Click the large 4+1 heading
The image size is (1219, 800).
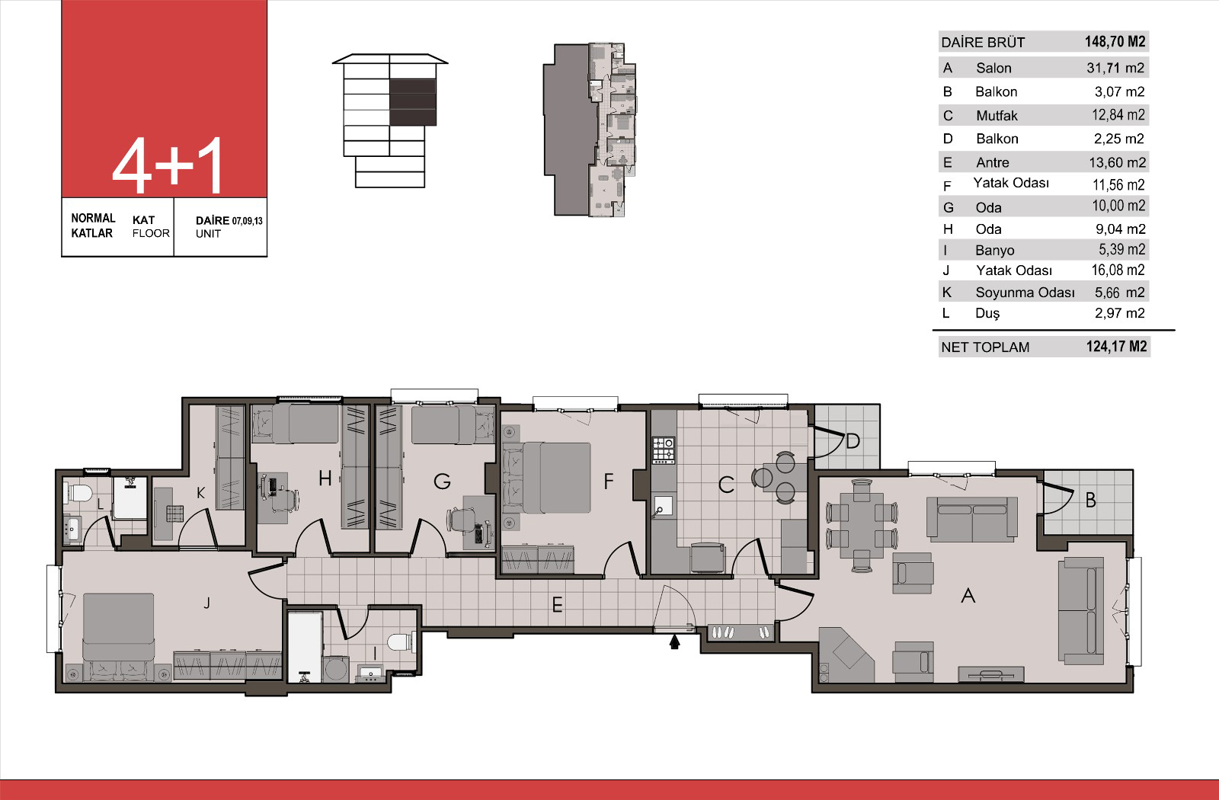(x=168, y=165)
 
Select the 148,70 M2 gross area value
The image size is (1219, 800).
(x=1115, y=42)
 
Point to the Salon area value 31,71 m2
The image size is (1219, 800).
(x=1115, y=68)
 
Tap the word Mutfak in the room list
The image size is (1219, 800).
(x=997, y=115)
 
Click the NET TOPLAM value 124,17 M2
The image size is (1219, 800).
(x=1116, y=347)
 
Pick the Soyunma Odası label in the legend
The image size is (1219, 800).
(x=1025, y=293)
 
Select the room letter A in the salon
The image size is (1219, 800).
(x=968, y=596)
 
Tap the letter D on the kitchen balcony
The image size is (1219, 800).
(x=853, y=441)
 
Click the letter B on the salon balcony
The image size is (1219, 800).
(x=1090, y=500)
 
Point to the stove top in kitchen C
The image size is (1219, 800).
(x=664, y=450)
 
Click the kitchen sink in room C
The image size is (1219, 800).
(x=662, y=507)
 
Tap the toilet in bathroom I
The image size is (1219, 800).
(x=401, y=642)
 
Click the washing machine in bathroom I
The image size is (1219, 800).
(x=335, y=670)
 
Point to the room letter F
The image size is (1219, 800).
(x=609, y=481)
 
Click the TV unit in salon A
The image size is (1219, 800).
(x=990, y=674)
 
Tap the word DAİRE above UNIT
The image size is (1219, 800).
(x=213, y=220)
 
